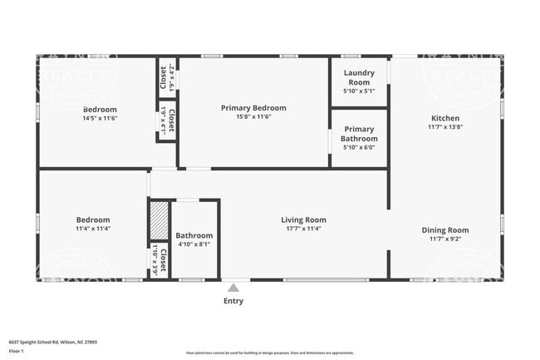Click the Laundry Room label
359,77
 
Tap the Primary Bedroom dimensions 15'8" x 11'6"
253,117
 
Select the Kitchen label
444,118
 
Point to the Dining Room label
446,230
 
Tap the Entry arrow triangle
233,287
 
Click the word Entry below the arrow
233,301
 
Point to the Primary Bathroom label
359,134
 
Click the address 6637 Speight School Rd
42,342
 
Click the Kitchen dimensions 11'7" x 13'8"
444,127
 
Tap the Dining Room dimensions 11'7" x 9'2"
446,239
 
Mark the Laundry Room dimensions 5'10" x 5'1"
359,91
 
